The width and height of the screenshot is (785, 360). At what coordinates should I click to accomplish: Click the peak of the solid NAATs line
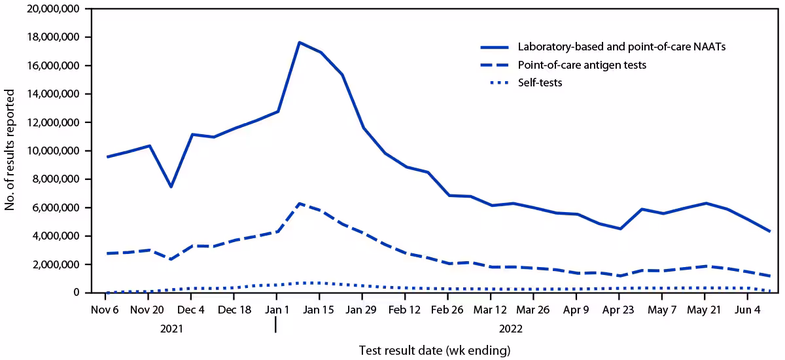[x=299, y=43]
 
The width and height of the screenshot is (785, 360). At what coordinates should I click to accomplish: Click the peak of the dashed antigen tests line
[x=299, y=204]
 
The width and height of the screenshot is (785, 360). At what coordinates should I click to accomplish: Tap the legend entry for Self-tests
[x=540, y=83]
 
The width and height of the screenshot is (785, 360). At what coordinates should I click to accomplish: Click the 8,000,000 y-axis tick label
[x=54, y=179]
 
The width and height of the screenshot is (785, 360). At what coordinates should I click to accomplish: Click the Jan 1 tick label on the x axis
[x=277, y=309]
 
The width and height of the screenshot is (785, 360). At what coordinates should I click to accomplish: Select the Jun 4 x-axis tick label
[x=747, y=309]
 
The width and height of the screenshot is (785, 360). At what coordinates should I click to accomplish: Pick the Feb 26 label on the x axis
[x=448, y=309]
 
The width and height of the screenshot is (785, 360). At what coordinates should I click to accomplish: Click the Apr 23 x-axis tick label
[x=619, y=309]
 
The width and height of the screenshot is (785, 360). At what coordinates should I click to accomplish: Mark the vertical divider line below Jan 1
[x=276, y=325]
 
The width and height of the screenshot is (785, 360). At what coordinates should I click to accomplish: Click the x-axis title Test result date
[x=434, y=350]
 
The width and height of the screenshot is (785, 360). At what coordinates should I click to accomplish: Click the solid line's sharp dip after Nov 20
[x=171, y=187]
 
